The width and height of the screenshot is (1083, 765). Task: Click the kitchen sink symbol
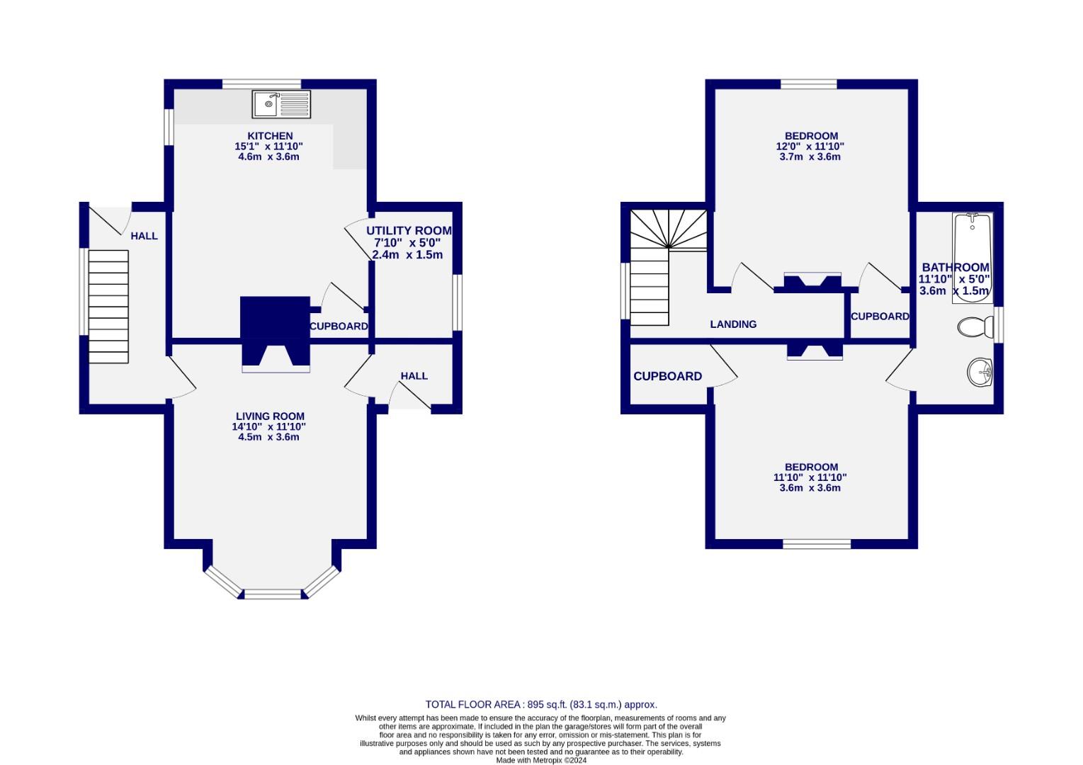click(x=281, y=105)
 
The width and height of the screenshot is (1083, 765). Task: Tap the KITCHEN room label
click(x=269, y=136)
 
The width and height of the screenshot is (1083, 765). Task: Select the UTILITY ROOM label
click(x=409, y=231)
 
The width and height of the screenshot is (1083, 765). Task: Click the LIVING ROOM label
click(x=270, y=416)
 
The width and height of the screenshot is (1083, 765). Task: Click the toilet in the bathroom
click(x=975, y=327)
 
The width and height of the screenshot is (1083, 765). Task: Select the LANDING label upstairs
click(x=733, y=324)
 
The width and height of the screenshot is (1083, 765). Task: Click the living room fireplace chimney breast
click(x=276, y=330)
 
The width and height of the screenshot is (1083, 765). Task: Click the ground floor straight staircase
click(x=108, y=306)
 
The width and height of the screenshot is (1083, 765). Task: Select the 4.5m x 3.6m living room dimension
click(x=268, y=437)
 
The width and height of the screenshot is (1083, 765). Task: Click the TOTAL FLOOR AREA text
click(x=541, y=704)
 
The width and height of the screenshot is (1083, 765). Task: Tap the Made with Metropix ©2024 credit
click(x=541, y=760)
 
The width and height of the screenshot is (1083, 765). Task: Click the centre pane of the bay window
click(x=276, y=594)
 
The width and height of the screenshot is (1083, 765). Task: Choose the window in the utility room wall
click(x=458, y=302)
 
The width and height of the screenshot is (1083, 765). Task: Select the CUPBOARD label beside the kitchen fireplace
click(x=339, y=327)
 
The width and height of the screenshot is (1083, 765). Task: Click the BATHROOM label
click(x=954, y=268)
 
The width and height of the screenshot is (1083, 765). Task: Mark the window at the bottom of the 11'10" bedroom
click(x=816, y=544)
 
